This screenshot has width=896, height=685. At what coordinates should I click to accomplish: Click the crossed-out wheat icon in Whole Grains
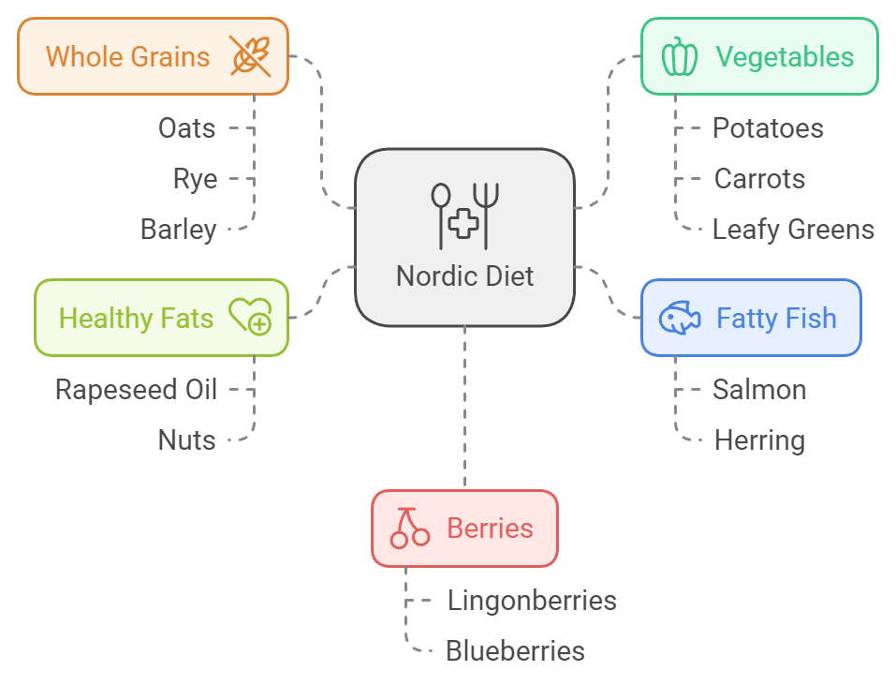251,56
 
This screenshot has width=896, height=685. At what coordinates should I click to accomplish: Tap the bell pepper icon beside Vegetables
679,56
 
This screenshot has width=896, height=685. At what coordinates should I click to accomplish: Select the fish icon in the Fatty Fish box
680,318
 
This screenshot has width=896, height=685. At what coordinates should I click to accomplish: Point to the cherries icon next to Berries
409,528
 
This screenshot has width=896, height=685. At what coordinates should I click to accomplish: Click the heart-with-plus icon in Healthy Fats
250,318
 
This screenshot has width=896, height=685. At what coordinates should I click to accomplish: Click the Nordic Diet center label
465,276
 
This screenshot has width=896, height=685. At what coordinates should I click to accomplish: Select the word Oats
187,128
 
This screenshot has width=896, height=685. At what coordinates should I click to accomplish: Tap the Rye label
195,179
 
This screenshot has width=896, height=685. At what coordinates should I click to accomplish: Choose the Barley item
179,230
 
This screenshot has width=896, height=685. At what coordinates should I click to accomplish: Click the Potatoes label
768,128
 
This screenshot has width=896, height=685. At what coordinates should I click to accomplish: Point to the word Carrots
759,179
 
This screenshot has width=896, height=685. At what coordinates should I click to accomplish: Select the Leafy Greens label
793,230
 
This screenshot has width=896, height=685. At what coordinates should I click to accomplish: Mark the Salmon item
759,390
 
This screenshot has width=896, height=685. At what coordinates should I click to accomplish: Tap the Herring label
759,440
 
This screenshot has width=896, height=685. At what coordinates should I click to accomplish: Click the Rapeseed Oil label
137,390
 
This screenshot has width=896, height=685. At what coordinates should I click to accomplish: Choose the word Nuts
187,440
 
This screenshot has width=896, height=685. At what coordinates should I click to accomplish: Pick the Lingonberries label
532,600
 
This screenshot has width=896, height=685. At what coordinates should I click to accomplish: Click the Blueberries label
515,650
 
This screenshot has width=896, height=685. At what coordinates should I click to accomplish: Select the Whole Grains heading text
128,56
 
